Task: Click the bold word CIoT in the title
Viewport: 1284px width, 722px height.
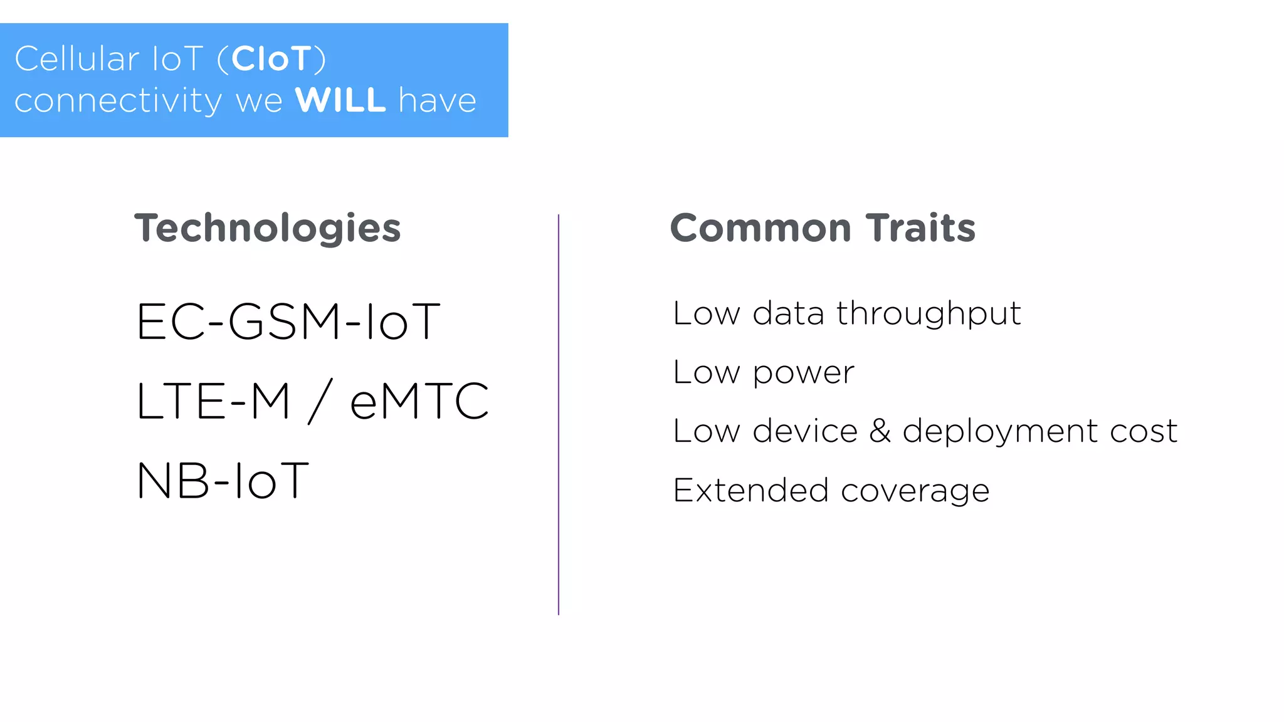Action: (x=271, y=59)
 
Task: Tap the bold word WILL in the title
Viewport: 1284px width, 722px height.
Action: (x=340, y=100)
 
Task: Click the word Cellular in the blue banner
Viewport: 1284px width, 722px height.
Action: (x=76, y=59)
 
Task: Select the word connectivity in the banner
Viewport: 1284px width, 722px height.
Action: (x=118, y=102)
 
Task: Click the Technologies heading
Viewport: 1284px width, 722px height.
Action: (x=268, y=228)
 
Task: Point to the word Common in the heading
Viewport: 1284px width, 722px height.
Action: (x=760, y=228)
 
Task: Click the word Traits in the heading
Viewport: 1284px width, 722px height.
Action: (x=920, y=228)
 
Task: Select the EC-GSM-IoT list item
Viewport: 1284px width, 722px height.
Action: (x=288, y=322)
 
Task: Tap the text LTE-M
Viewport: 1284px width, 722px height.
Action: (x=214, y=402)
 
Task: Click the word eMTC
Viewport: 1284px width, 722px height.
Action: (x=419, y=402)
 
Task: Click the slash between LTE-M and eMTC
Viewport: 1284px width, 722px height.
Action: (x=320, y=401)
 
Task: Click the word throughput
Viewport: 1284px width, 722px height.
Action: (x=929, y=314)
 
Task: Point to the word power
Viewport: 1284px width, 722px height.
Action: (x=803, y=374)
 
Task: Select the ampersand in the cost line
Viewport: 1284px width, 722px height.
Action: (x=880, y=431)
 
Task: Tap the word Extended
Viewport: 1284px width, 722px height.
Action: (x=750, y=490)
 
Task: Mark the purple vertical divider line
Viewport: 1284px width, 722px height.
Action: (x=559, y=414)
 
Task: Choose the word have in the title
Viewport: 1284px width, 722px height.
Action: (x=438, y=100)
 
